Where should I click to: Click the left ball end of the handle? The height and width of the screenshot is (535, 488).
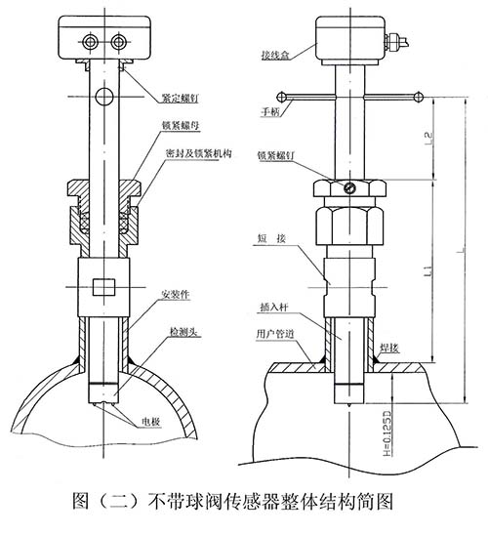tap(280, 96)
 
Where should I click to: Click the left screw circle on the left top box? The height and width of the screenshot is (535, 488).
tap(91, 40)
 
